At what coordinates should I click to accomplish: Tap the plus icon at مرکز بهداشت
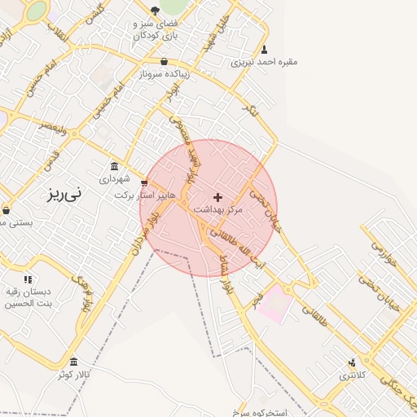(217, 197)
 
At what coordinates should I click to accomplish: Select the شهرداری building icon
(113, 166)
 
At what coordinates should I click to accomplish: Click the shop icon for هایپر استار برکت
(145, 183)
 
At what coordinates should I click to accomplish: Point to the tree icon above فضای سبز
(155, 11)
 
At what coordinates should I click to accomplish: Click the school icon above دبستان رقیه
(29, 279)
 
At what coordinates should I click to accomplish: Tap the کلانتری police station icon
(352, 362)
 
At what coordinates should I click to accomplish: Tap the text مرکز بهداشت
(217, 209)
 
